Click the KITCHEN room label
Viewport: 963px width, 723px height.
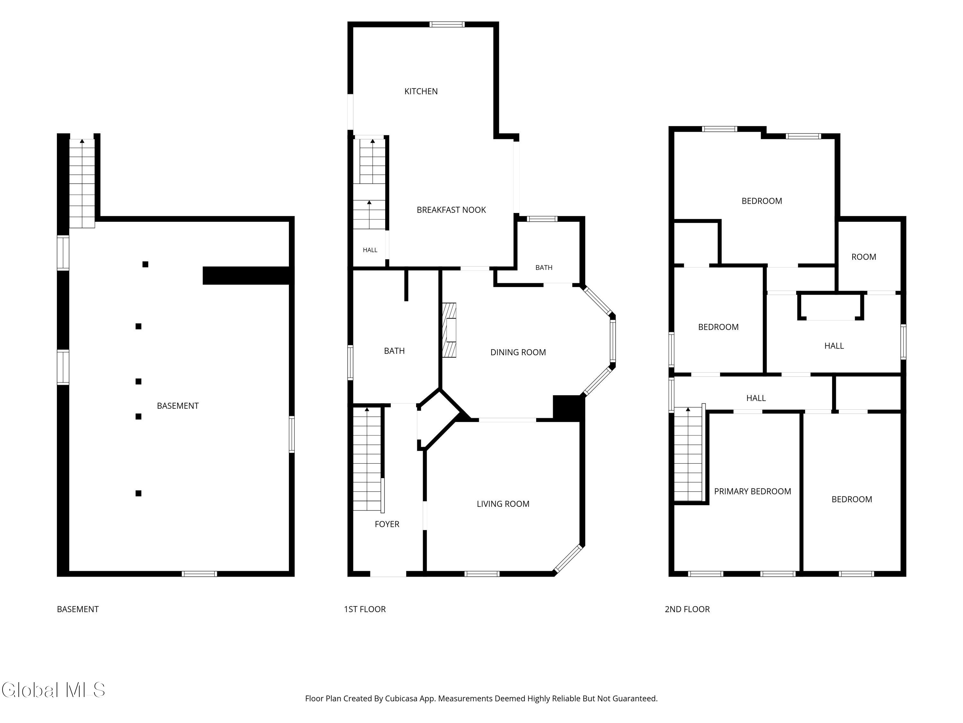(421, 91)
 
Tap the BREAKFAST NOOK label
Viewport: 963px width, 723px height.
(451, 210)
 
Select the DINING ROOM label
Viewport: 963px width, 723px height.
(518, 352)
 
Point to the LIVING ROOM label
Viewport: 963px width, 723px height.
(503, 504)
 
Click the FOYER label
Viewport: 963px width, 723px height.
(387, 524)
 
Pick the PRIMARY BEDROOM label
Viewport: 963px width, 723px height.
(752, 491)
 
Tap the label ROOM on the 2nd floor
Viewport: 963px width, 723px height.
(864, 257)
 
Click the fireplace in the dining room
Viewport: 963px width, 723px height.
(449, 330)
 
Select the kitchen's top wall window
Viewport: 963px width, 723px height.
(447, 24)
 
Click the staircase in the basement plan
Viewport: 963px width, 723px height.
(82, 183)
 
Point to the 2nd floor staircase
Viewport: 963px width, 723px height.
(688, 454)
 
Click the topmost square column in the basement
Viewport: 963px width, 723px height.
(145, 264)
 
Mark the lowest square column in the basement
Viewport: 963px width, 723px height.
(138, 493)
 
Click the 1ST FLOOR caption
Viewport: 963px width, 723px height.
(365, 609)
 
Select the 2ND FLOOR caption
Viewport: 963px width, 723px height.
(687, 609)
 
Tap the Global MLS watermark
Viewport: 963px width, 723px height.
(54, 690)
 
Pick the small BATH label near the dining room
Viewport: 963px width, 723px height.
(544, 268)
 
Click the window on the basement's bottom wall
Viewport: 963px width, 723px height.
(199, 574)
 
